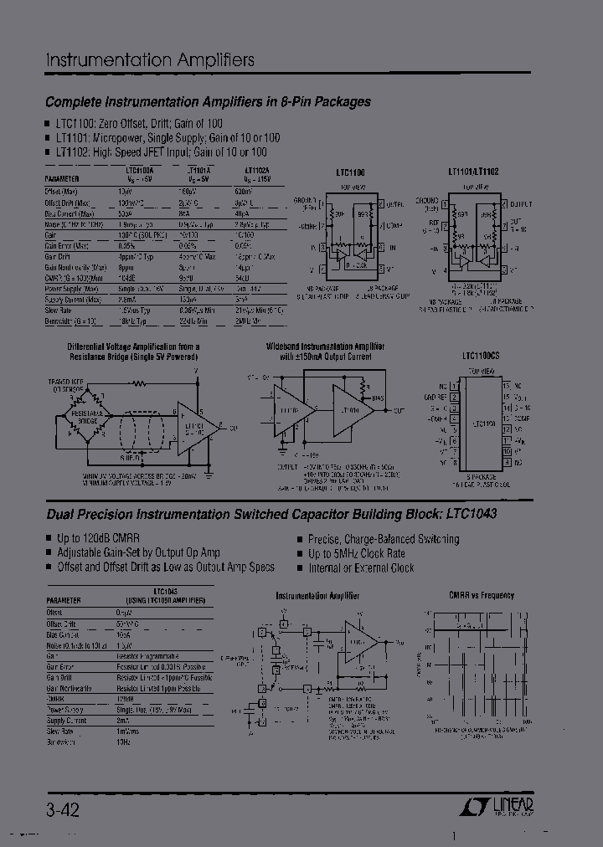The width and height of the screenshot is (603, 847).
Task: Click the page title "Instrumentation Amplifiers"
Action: [x=149, y=60]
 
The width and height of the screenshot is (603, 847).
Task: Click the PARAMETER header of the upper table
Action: [x=63, y=178]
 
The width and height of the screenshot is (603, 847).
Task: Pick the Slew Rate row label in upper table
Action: [x=61, y=310]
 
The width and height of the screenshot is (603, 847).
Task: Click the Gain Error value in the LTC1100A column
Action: [x=127, y=245]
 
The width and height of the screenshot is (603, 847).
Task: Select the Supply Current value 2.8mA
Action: [x=127, y=299]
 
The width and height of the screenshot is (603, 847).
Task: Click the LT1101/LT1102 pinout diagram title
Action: [x=473, y=171]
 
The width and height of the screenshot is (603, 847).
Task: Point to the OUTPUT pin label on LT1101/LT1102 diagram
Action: [x=522, y=203]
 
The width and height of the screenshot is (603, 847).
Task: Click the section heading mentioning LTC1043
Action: [x=271, y=514]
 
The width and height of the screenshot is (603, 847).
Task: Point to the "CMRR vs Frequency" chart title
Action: [x=482, y=596]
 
